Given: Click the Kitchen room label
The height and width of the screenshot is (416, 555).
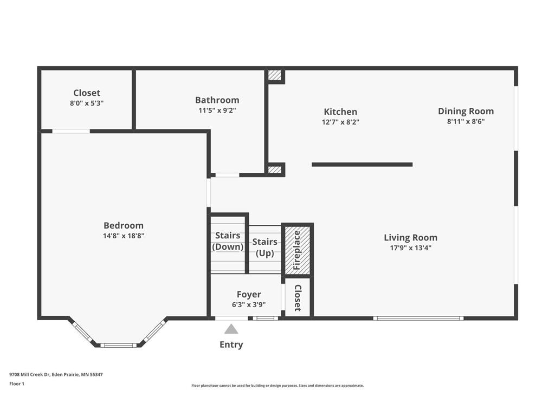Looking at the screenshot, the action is tap(340, 112).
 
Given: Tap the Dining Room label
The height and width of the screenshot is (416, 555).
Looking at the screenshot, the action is tap(466, 111).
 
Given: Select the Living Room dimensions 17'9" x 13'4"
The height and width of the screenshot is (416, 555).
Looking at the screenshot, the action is tap(411, 248).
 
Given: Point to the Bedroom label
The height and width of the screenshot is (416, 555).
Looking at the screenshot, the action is tap(124, 225).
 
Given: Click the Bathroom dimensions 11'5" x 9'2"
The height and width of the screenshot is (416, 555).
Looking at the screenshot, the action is tap(217, 110).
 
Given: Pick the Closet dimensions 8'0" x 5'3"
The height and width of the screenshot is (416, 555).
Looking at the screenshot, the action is tap(87, 103).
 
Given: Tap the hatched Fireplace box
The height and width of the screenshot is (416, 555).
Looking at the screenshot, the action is tap(298, 250).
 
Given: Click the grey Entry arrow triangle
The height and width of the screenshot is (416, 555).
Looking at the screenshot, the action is tap(231, 329).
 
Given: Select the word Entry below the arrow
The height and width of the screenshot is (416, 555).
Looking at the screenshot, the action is tap(231, 344).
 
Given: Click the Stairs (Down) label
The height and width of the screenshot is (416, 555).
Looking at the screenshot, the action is tap(228, 241).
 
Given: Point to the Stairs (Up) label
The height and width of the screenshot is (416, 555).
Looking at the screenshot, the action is tap(264, 247).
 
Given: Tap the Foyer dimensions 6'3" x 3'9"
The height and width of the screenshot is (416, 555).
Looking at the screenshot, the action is tap(249, 304).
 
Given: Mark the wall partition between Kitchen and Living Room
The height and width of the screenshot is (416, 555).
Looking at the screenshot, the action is tap(362, 165).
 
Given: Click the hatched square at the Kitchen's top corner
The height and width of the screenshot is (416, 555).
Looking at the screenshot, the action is tap(275, 75).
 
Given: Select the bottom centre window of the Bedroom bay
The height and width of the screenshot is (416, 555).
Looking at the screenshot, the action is tap(119, 345).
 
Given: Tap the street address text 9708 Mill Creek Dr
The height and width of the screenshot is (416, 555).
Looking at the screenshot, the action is tap(30, 374).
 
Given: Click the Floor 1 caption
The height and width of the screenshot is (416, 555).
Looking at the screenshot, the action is tap(17, 383).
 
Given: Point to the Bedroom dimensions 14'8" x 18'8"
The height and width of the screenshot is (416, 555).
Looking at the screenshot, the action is tap(124, 236).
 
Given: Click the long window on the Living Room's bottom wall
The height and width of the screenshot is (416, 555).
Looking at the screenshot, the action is tap(418, 318).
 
